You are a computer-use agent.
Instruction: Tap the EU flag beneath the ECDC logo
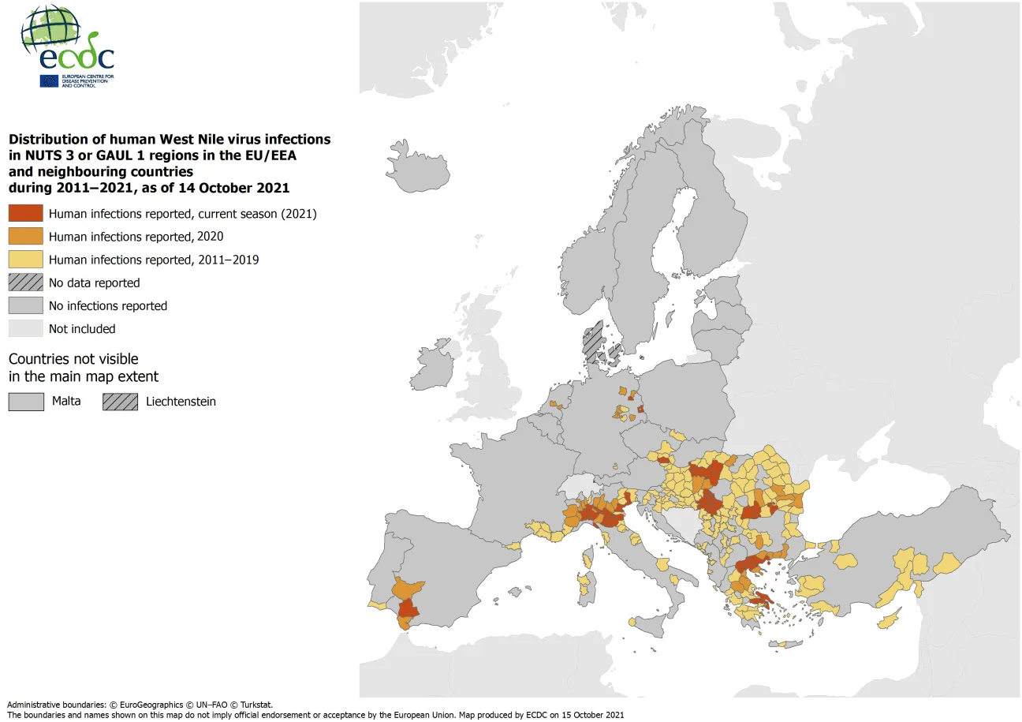[49, 80]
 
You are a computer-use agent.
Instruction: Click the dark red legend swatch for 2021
[25, 213]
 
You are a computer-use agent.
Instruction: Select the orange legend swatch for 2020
[25, 237]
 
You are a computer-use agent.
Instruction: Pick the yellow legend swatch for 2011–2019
[25, 260]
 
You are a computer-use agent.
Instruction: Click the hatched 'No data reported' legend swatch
[25, 282]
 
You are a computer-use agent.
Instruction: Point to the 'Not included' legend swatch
[25, 328]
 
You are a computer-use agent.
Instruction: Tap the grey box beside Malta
[25, 401]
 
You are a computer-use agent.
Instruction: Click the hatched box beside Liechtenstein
[120, 401]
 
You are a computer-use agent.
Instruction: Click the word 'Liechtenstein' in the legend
[181, 402]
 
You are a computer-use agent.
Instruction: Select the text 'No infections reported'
[108, 306]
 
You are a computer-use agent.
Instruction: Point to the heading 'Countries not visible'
[73, 359]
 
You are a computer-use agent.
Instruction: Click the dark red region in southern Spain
[408, 608]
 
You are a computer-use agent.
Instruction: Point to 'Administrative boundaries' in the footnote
[55, 705]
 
